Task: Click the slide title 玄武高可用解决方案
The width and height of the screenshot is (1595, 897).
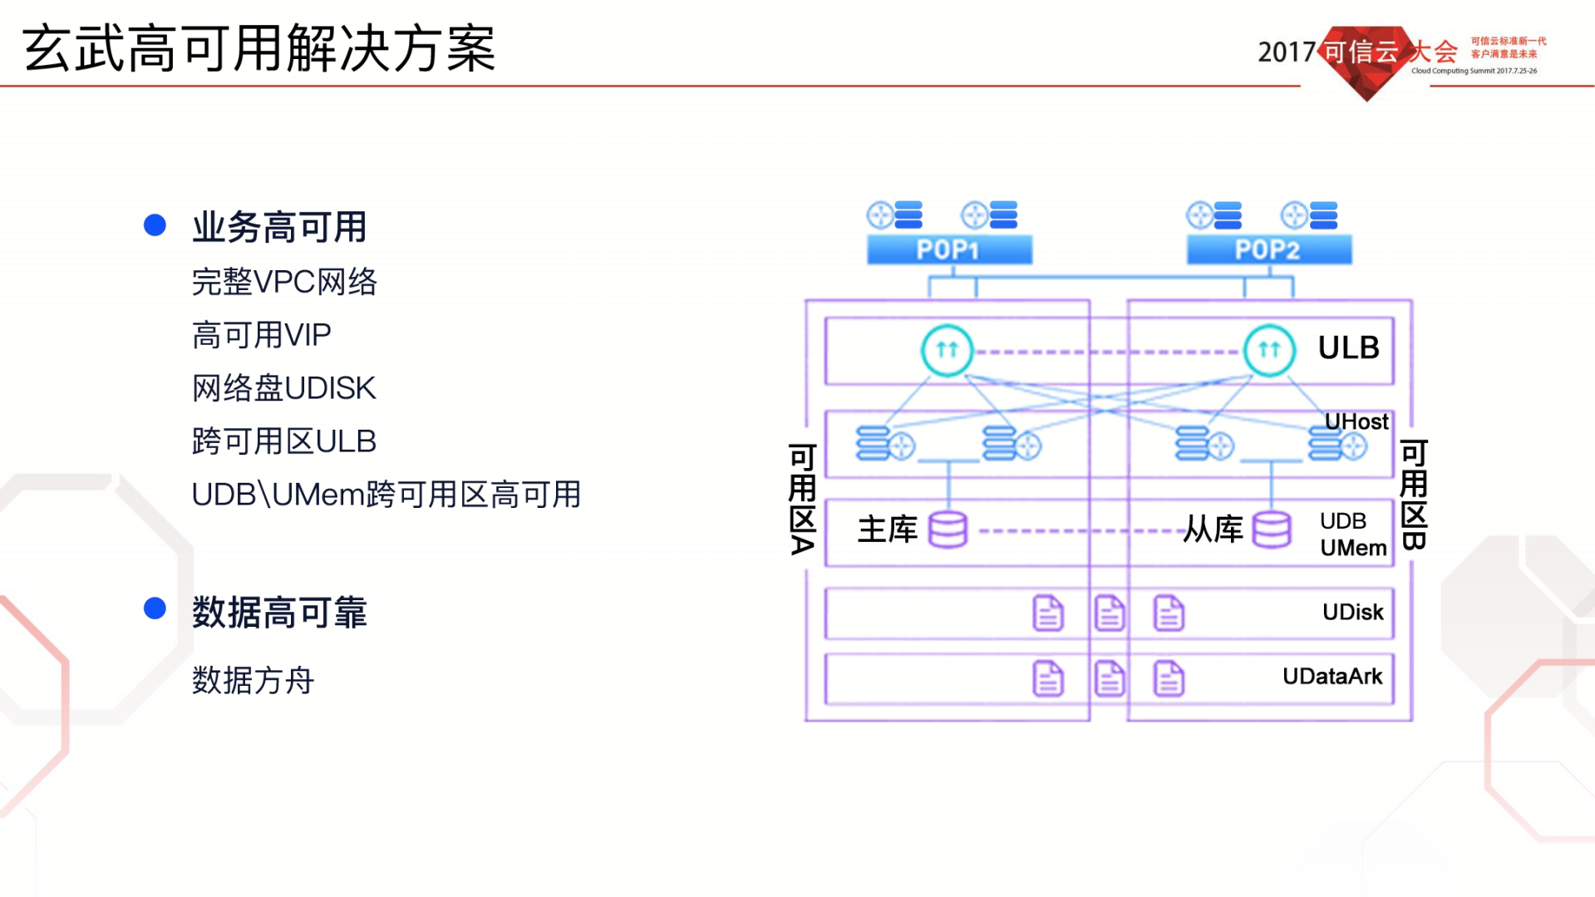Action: [258, 48]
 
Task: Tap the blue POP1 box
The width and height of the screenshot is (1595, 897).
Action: [948, 249]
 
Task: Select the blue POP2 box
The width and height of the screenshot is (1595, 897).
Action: [1268, 249]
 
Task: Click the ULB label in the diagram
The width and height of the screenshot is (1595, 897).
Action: [1348, 347]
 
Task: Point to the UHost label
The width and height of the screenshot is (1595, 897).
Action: [1356, 421]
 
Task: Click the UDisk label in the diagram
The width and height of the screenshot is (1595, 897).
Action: [1352, 612]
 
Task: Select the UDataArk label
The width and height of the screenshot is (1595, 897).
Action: [1332, 676]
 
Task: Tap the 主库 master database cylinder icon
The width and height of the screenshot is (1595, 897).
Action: [948, 529]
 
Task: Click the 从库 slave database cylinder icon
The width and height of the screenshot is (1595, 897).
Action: [1271, 529]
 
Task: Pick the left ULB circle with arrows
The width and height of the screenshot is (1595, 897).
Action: [947, 350]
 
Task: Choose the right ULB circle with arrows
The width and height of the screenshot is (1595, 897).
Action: [1268, 350]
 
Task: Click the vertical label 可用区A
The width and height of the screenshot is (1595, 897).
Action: [802, 499]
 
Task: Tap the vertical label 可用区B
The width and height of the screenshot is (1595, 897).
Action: [1414, 495]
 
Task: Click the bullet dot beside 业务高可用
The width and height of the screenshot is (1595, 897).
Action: [155, 225]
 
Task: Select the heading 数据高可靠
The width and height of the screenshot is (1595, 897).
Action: [279, 612]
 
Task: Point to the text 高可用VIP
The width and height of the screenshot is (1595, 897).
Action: [261, 335]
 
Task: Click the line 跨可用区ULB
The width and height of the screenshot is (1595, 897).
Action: [283, 441]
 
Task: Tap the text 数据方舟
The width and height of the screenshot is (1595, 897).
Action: [253, 680]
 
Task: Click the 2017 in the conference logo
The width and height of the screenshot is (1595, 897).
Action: [1286, 52]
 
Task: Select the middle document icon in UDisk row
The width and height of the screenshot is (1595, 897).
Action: [1109, 613]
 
